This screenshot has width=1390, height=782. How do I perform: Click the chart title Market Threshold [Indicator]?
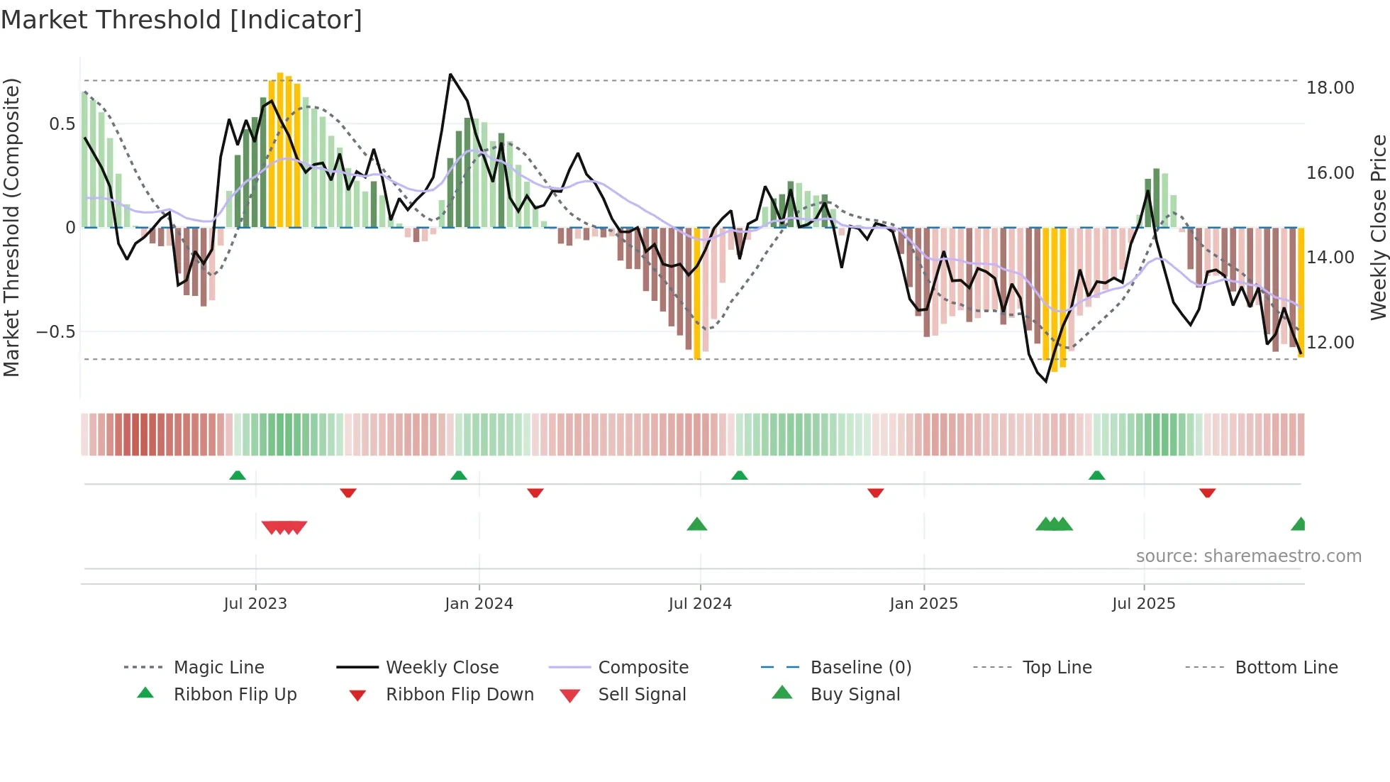tap(182, 20)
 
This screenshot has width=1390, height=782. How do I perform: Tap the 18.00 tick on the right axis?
tap(1330, 88)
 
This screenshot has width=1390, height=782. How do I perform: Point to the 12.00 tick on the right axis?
tap(1330, 342)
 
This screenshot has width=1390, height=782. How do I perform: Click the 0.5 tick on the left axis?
tap(62, 124)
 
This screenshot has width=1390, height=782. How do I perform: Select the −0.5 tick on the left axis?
tap(55, 331)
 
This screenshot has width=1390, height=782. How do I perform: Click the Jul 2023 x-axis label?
tap(255, 604)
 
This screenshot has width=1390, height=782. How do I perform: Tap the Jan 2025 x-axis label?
tap(923, 604)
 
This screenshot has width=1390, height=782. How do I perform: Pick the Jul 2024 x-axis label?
tap(700, 604)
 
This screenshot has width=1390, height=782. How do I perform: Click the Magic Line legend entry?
tap(218, 668)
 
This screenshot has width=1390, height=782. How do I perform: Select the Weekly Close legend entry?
tap(442, 668)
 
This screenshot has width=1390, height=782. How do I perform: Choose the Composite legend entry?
tap(643, 668)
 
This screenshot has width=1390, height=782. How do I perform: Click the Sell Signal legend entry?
tap(642, 695)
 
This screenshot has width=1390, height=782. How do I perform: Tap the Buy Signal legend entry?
tap(855, 695)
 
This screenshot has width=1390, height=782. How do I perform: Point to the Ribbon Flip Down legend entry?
tap(460, 695)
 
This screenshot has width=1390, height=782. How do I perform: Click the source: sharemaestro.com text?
tap(1248, 556)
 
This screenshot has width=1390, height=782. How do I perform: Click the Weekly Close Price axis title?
tap(1378, 227)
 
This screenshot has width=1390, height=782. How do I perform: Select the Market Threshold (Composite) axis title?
tap(11, 227)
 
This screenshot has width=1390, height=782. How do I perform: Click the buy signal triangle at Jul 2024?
tap(697, 524)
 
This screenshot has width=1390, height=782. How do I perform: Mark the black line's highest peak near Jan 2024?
tap(450, 75)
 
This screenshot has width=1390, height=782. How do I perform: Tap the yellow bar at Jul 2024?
tap(697, 293)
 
